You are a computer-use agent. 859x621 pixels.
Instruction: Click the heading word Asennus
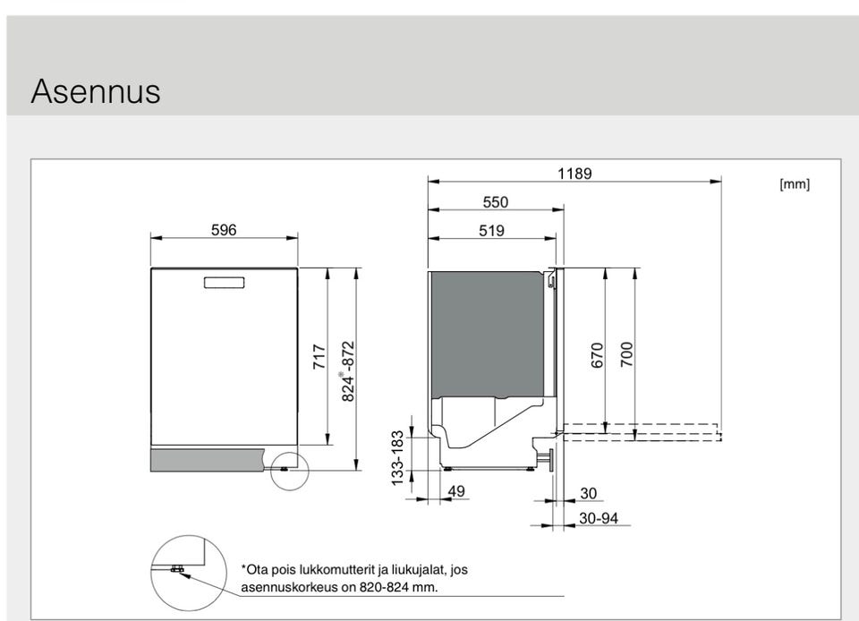(x=96, y=90)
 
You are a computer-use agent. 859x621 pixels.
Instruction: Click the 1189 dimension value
(x=574, y=174)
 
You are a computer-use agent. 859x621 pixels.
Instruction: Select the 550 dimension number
(x=495, y=202)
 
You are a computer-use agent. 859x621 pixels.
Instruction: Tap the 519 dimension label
(x=491, y=231)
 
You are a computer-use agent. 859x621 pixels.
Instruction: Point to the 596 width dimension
(x=224, y=230)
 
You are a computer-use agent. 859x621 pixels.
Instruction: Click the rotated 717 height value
(x=320, y=356)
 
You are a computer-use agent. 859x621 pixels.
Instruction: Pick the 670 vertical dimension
(x=598, y=355)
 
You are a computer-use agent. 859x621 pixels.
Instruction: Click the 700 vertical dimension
(x=627, y=355)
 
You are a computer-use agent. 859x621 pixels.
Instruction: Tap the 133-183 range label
(x=397, y=458)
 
